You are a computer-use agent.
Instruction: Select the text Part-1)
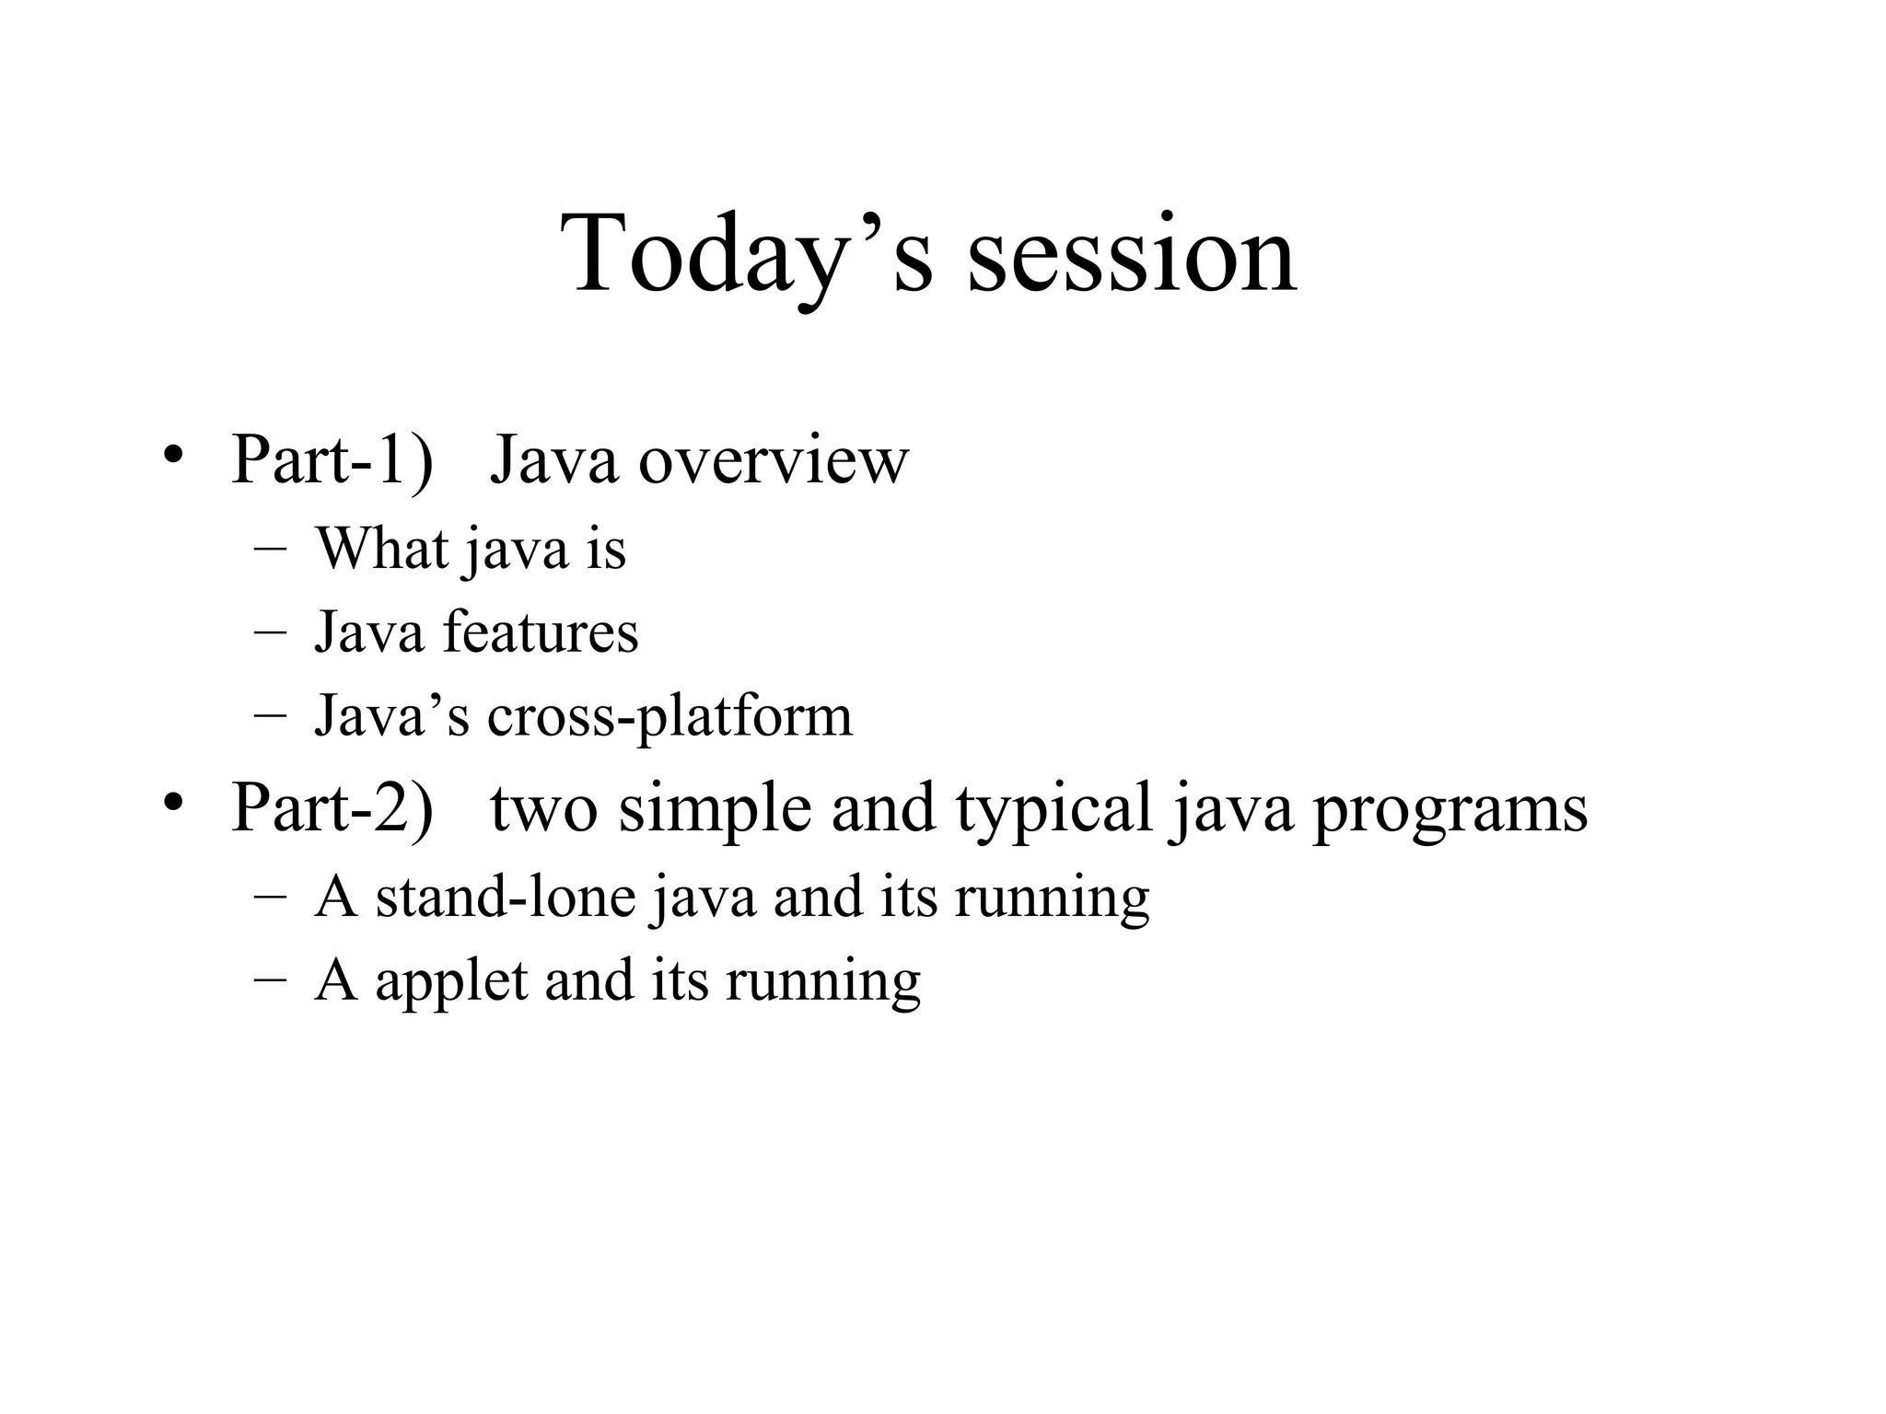332,458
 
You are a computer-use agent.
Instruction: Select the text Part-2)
332,807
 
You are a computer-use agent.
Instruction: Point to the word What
382,549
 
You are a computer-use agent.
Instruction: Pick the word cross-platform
669,717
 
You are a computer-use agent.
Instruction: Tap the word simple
715,809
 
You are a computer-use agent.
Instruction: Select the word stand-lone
506,897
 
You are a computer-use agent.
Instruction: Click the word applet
451,981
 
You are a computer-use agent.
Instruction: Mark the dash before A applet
270,980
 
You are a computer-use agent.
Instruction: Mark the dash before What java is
270,550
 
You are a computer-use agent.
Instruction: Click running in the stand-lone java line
1052,898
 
